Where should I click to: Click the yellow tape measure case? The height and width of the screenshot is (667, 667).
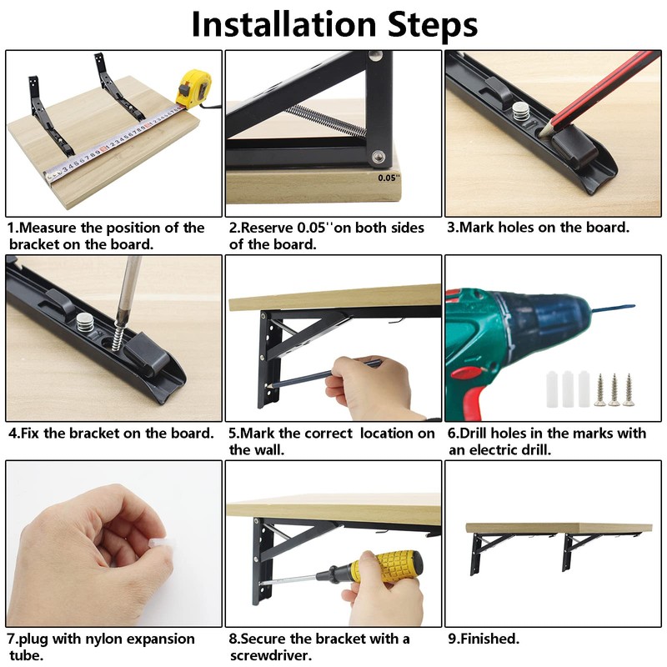click(194, 88)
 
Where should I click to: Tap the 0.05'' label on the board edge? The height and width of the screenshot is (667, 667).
click(389, 178)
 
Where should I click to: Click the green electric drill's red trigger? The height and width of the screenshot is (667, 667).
click(468, 372)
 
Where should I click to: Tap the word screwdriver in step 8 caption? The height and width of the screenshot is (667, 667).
click(269, 655)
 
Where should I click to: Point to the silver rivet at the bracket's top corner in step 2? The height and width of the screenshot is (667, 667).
click(375, 55)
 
